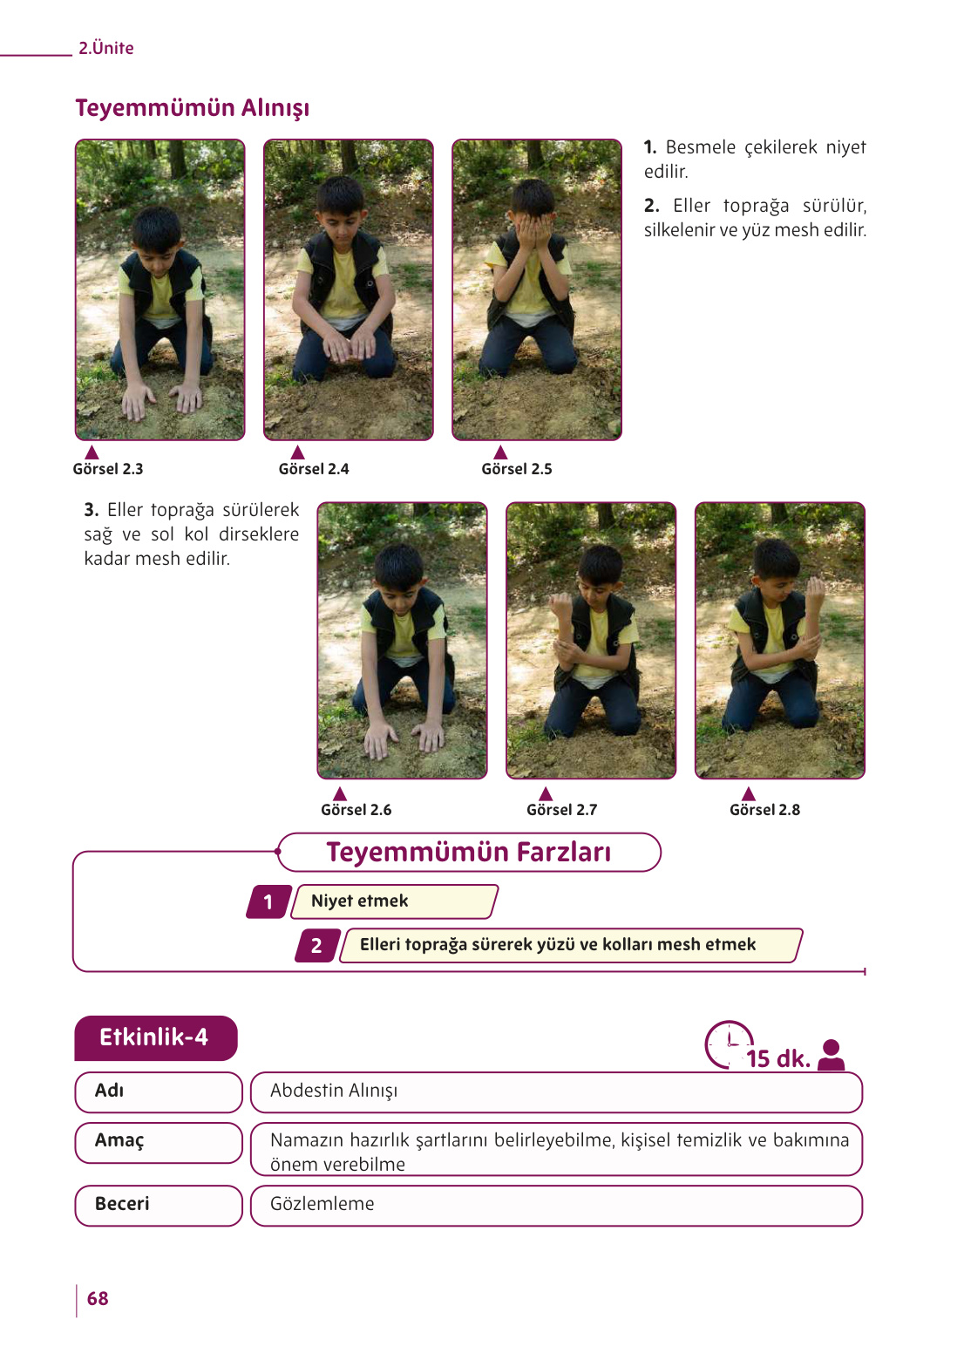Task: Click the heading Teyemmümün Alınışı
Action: [x=193, y=108]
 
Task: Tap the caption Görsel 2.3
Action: [x=108, y=469]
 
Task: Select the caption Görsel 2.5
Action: [x=517, y=469]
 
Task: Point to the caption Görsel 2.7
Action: [x=561, y=809]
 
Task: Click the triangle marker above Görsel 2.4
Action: [x=297, y=452]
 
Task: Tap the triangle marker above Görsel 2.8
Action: [x=749, y=793]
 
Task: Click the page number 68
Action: [x=98, y=1298]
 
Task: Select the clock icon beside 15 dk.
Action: [x=729, y=1044]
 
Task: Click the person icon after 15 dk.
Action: [x=831, y=1055]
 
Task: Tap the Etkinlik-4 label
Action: [x=155, y=1037]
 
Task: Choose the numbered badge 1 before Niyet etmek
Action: [x=268, y=901]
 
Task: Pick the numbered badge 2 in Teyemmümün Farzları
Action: [x=317, y=945]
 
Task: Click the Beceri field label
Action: [x=122, y=1203]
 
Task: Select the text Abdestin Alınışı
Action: [x=334, y=1091]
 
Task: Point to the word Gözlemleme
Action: [x=322, y=1203]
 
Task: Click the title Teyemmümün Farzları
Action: [x=469, y=852]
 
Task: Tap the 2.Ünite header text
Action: [x=106, y=48]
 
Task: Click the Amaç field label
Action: [x=119, y=1140]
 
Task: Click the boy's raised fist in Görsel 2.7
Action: [x=561, y=604]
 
